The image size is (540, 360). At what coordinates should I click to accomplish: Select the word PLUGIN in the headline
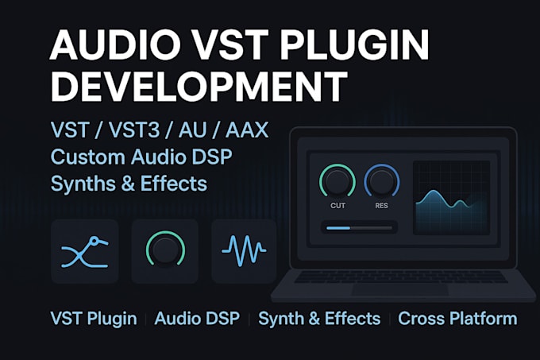354,45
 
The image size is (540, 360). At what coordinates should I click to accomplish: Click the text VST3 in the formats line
134,130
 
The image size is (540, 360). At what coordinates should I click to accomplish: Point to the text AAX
247,130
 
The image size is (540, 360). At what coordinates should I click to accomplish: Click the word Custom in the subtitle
88,157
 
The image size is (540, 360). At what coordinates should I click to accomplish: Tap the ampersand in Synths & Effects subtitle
128,184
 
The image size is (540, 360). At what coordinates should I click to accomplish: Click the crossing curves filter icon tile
85,251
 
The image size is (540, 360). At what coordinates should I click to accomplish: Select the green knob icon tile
165,251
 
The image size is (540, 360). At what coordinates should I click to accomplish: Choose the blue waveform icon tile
244,251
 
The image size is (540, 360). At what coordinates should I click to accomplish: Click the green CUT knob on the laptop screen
337,181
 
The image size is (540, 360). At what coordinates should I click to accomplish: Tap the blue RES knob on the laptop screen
382,181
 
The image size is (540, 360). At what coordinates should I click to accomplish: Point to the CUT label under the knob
337,206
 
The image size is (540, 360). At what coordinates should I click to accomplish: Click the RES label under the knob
382,206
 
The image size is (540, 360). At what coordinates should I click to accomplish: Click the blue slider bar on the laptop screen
359,228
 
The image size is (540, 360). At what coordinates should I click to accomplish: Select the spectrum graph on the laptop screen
452,197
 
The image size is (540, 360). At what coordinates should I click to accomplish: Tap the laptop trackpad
399,290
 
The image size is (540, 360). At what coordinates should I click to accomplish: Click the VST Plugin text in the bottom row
94,319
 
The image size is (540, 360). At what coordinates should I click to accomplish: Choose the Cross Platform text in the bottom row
457,319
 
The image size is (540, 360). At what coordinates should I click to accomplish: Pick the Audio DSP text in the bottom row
197,319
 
